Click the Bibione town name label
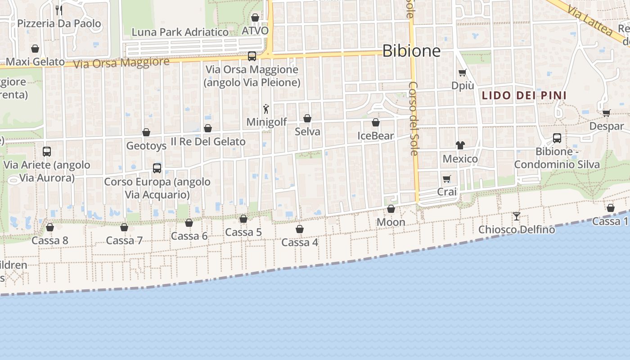(411, 51)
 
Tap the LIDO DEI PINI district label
(524, 95)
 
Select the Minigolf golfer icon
(266, 108)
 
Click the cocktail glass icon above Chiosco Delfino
(517, 216)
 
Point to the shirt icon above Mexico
(460, 145)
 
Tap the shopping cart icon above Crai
(446, 179)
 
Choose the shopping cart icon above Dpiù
(462, 72)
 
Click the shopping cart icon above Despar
(606, 113)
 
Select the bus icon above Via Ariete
(47, 152)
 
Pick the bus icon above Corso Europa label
(157, 168)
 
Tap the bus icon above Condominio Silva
(557, 138)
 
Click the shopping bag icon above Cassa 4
(300, 229)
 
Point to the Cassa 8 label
(50, 240)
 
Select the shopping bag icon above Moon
(391, 209)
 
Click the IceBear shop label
(376, 135)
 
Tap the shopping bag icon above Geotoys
(146, 132)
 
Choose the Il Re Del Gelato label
(208, 141)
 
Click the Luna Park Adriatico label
(180, 32)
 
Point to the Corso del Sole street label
(414, 118)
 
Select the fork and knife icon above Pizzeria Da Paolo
(59, 10)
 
